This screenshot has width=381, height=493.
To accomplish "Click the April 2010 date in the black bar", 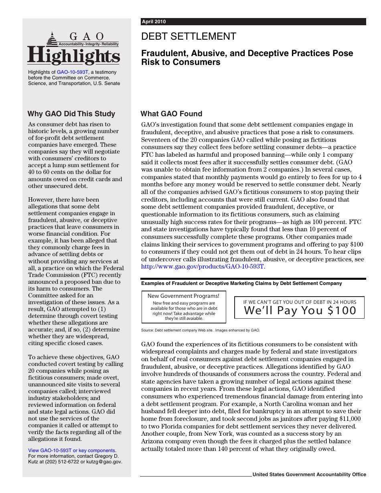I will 153,22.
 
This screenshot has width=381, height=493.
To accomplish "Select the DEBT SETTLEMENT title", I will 188,36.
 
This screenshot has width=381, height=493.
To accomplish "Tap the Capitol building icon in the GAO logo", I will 52,39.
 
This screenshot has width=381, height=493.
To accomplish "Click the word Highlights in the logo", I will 73,56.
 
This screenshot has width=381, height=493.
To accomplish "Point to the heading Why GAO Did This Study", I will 71,114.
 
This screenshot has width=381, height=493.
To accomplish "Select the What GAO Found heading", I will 171,114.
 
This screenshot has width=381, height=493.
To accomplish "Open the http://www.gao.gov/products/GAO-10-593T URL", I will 203,266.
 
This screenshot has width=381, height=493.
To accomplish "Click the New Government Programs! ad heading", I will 183,296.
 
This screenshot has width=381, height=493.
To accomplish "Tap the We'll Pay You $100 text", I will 300,311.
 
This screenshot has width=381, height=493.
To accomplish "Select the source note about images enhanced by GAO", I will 201,330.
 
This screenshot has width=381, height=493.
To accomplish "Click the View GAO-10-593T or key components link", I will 72,451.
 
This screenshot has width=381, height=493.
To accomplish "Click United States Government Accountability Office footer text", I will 309,475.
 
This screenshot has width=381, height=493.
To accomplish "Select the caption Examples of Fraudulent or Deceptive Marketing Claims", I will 241,283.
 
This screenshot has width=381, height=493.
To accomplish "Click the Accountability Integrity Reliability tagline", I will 89,44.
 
